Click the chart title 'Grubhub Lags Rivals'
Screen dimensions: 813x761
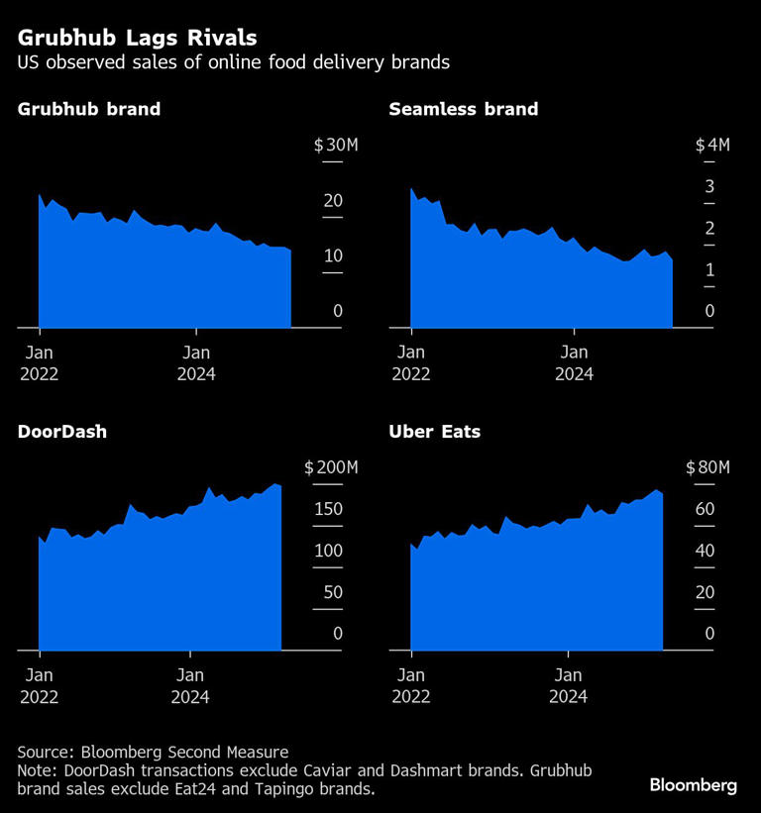(137, 39)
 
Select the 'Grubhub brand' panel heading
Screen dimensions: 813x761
(89, 110)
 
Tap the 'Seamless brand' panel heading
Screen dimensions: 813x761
(464, 110)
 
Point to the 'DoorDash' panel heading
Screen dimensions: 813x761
(62, 432)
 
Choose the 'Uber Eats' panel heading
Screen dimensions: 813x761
(435, 432)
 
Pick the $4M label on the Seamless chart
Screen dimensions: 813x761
(712, 146)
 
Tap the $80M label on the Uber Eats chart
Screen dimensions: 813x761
(707, 467)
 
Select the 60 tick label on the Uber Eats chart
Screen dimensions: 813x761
(704, 509)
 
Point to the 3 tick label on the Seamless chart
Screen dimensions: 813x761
(709, 187)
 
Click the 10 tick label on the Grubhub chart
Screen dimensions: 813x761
(332, 256)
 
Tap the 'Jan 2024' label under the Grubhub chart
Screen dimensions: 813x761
(197, 362)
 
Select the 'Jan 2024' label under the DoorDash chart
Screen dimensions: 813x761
(190, 685)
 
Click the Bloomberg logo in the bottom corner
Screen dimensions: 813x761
(694, 785)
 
